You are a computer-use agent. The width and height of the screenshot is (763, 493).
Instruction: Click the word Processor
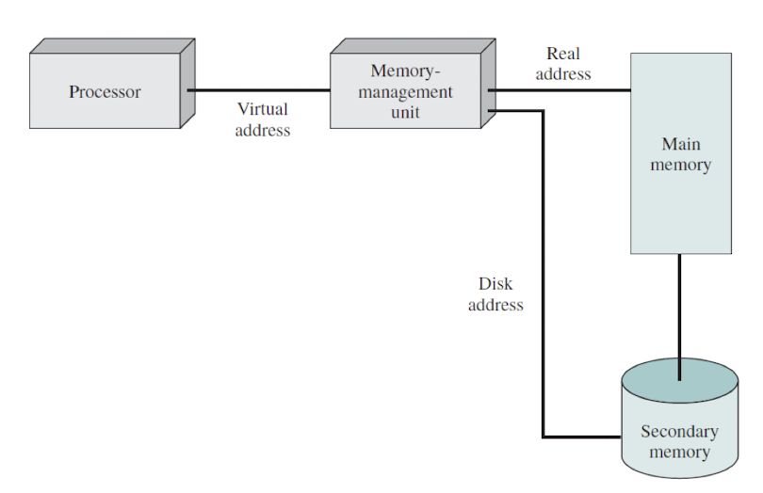coord(105,92)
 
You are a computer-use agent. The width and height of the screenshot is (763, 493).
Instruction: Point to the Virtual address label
coord(262,119)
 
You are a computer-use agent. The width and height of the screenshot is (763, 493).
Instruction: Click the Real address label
coord(563,64)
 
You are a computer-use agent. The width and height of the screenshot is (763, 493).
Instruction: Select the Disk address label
coord(495,294)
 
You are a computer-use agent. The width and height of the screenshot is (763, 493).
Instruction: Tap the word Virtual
coord(262,109)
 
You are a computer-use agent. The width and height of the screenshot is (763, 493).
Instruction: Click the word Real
coord(563,54)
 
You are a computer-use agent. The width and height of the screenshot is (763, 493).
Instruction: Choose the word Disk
coord(495,283)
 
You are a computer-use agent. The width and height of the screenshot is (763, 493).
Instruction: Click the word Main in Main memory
coord(681,145)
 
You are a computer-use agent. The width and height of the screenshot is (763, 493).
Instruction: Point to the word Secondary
coord(679,432)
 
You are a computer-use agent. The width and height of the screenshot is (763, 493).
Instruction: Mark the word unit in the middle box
coord(405,112)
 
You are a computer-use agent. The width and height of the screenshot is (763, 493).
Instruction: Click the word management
coord(405,92)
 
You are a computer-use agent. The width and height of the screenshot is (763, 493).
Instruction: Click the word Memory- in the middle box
coord(405,72)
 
